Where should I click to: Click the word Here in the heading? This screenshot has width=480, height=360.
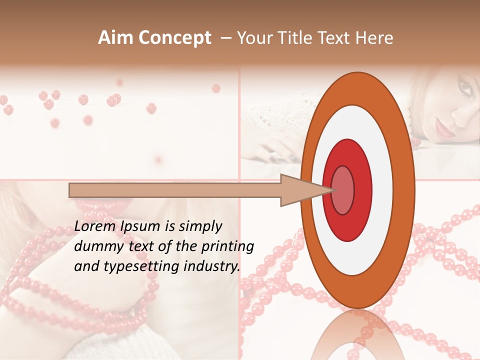pos(374,38)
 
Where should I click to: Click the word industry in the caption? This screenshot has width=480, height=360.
pos(212,266)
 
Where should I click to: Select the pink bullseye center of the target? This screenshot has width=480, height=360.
pos(342,190)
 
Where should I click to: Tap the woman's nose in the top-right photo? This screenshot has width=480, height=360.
pos(459,114)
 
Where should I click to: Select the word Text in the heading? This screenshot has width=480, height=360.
pos(339,38)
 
